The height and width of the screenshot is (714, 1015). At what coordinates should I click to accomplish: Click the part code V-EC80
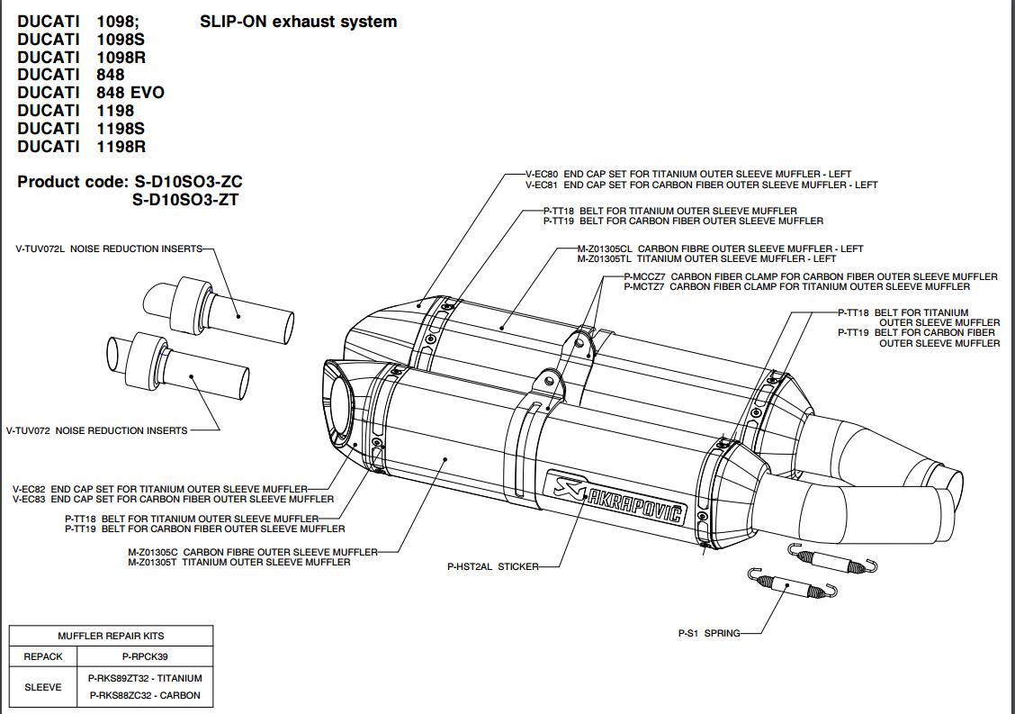pos(541,175)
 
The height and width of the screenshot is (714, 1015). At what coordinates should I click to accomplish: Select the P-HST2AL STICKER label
pos(492,566)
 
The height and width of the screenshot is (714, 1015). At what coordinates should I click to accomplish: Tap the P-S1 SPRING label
pos(709,633)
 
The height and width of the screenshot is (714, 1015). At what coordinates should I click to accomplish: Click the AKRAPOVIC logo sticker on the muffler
pos(615,495)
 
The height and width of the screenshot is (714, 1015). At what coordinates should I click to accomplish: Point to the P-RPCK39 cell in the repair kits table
pos(145,656)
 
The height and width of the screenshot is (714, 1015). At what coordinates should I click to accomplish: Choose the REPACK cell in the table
pos(43,656)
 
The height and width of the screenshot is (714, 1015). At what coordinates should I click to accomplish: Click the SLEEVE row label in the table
pos(43,687)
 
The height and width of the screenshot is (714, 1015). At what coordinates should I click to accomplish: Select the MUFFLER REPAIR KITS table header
pos(111,636)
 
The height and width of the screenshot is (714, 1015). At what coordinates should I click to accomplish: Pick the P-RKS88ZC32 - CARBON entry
pos(145,695)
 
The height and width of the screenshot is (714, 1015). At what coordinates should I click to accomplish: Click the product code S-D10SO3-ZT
pos(185,200)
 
